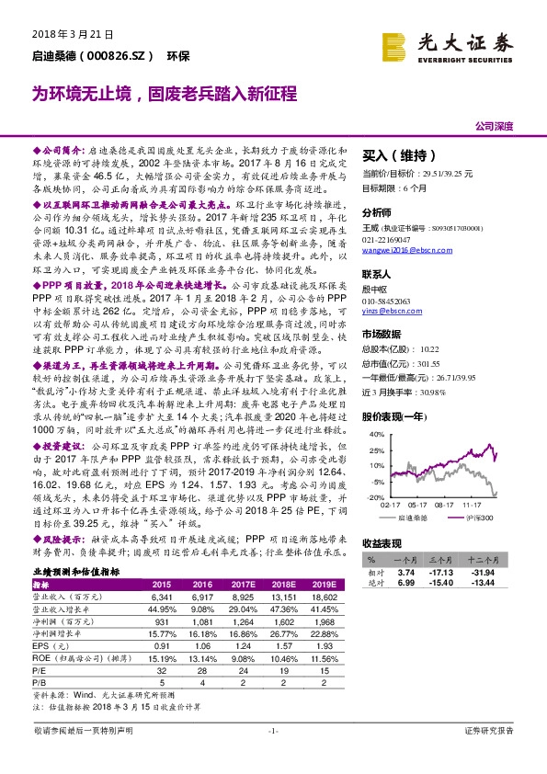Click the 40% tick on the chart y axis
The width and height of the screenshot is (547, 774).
372,411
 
